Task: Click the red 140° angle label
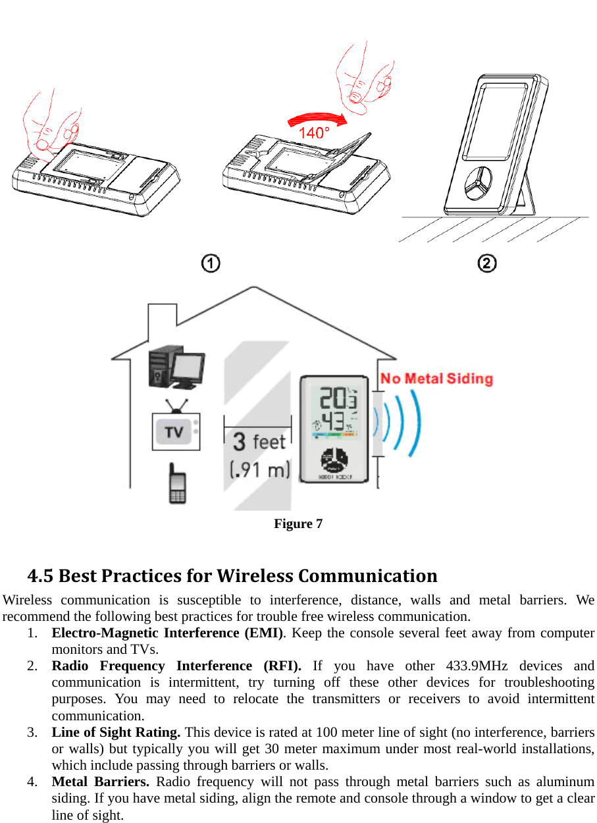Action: pos(314,133)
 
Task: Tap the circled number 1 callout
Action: pos(211,263)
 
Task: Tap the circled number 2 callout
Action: pos(486,263)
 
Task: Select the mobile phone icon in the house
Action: pos(177,485)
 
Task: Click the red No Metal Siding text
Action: pos(436,379)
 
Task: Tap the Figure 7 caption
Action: pos(298,524)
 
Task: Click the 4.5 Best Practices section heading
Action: pos(232,576)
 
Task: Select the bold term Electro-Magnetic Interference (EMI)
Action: pos(168,633)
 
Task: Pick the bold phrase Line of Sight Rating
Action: pos(116,732)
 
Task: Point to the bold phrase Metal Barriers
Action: pos(100,782)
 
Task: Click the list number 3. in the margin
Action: pos(32,732)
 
